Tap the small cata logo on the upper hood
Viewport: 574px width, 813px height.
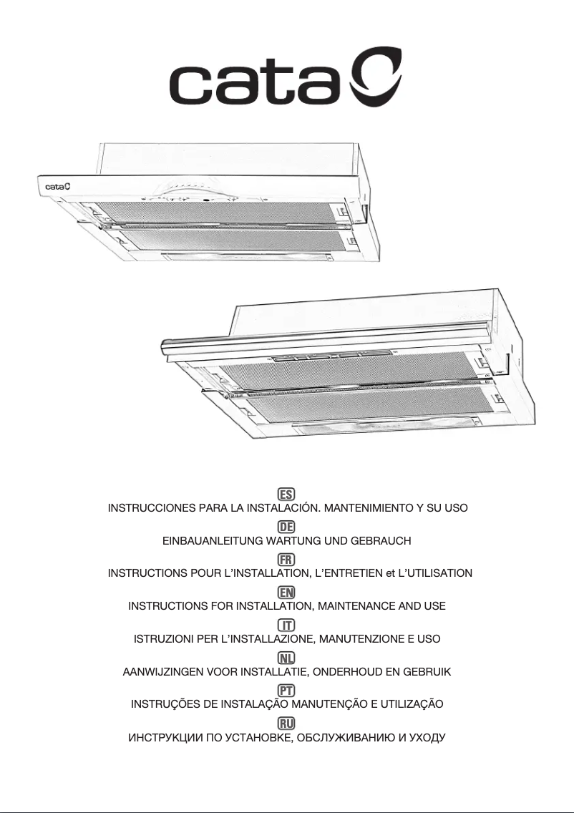click(x=57, y=187)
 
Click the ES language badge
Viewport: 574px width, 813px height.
click(x=286, y=494)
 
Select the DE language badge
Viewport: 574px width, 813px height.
click(x=286, y=526)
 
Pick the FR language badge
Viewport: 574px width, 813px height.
click(x=286, y=559)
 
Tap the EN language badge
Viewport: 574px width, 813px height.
click(x=286, y=592)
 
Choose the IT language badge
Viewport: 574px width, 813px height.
click(x=286, y=624)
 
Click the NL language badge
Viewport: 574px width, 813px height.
click(x=286, y=657)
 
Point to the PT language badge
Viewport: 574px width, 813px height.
click(x=286, y=689)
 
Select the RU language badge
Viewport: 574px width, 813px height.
click(x=286, y=722)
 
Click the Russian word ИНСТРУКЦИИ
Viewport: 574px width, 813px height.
click(x=162, y=736)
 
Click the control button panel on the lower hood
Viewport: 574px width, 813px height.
click(x=331, y=356)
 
